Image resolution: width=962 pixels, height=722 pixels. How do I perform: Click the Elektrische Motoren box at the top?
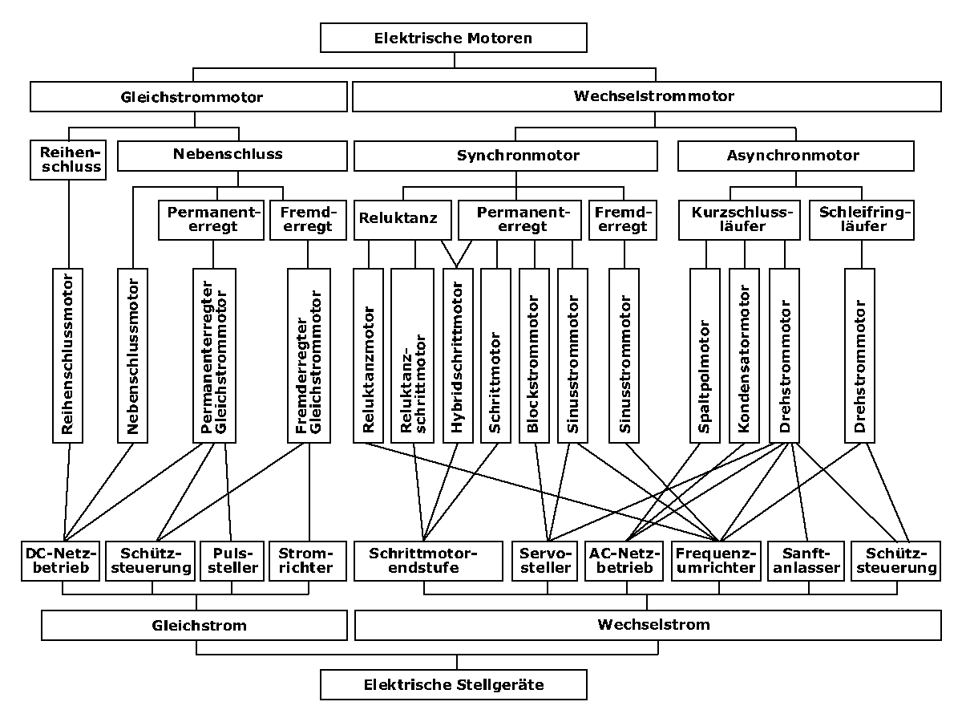pyautogui.click(x=453, y=38)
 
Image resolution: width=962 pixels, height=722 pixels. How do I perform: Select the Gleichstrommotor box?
pyautogui.click(x=188, y=96)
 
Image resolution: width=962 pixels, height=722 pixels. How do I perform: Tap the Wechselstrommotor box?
pyautogui.click(x=647, y=96)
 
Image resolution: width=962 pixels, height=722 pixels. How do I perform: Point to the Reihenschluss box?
pyautogui.click(x=68, y=160)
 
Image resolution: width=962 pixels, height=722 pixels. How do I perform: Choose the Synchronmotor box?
pyautogui.click(x=506, y=156)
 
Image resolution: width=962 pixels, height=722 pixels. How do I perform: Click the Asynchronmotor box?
pyautogui.click(x=796, y=156)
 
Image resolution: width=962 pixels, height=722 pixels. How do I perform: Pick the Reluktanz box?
pyautogui.click(x=402, y=220)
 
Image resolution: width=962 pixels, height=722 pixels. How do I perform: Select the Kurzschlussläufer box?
pyautogui.click(x=739, y=220)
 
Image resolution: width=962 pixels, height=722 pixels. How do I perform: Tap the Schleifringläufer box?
pyautogui.click(x=862, y=220)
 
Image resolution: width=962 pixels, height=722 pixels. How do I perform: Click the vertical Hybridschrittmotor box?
pyautogui.click(x=458, y=355)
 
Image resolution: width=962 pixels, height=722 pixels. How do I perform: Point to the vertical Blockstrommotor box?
pyautogui.click(x=534, y=355)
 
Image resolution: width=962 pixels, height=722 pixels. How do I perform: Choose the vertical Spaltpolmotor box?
pyautogui.click(x=705, y=355)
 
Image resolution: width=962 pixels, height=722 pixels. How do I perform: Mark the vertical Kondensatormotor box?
pyautogui.click(x=744, y=355)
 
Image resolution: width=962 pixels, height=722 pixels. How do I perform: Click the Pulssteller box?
pyautogui.click(x=232, y=561)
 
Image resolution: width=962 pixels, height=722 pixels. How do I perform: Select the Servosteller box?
pyautogui.click(x=545, y=561)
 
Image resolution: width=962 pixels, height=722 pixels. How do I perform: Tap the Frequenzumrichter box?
pyautogui.click(x=716, y=561)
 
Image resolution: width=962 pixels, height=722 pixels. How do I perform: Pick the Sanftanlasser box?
pyautogui.click(x=806, y=561)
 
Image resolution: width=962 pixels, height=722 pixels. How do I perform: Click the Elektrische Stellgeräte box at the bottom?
pyautogui.click(x=453, y=685)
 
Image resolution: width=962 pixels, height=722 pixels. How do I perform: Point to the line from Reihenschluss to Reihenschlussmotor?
pyautogui.click(x=69, y=224)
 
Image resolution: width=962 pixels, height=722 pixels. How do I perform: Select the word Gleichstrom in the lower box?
pyautogui.click(x=200, y=626)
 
